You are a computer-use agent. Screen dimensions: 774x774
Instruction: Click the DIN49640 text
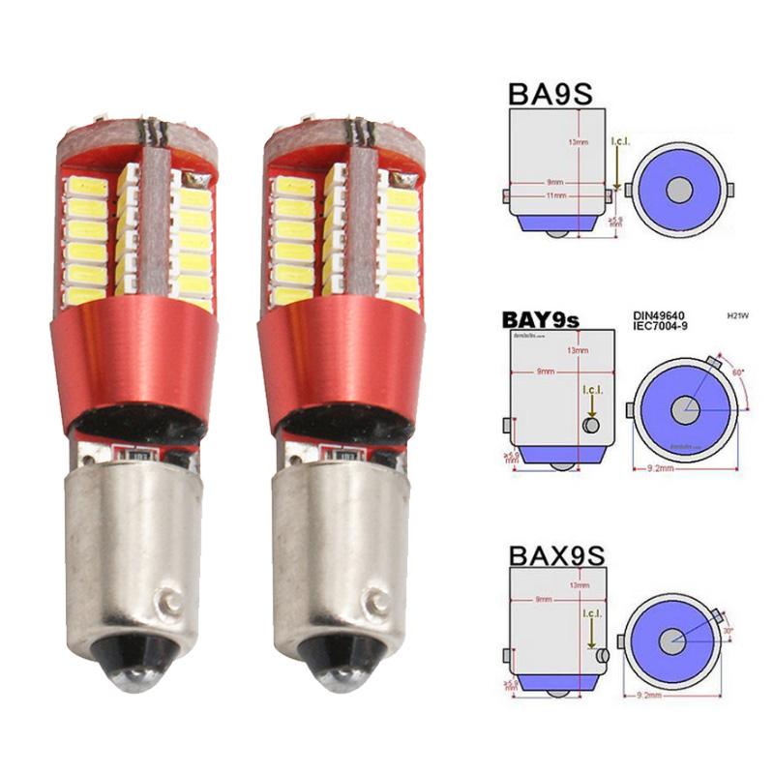point(657,313)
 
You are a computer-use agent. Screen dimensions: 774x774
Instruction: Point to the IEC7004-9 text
point(657,326)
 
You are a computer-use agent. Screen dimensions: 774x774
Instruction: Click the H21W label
point(738,314)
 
